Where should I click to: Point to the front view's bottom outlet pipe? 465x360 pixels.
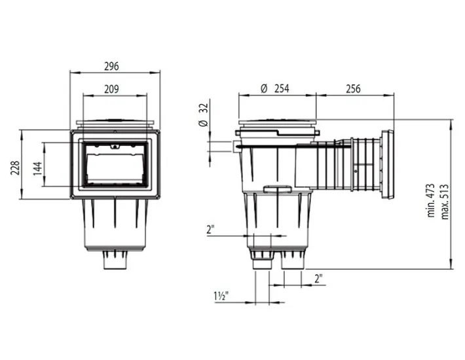(115, 261)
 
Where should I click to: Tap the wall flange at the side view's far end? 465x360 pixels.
(388, 164)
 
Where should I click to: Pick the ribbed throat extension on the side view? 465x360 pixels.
(366, 164)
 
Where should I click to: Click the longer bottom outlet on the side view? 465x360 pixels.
(262, 265)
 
